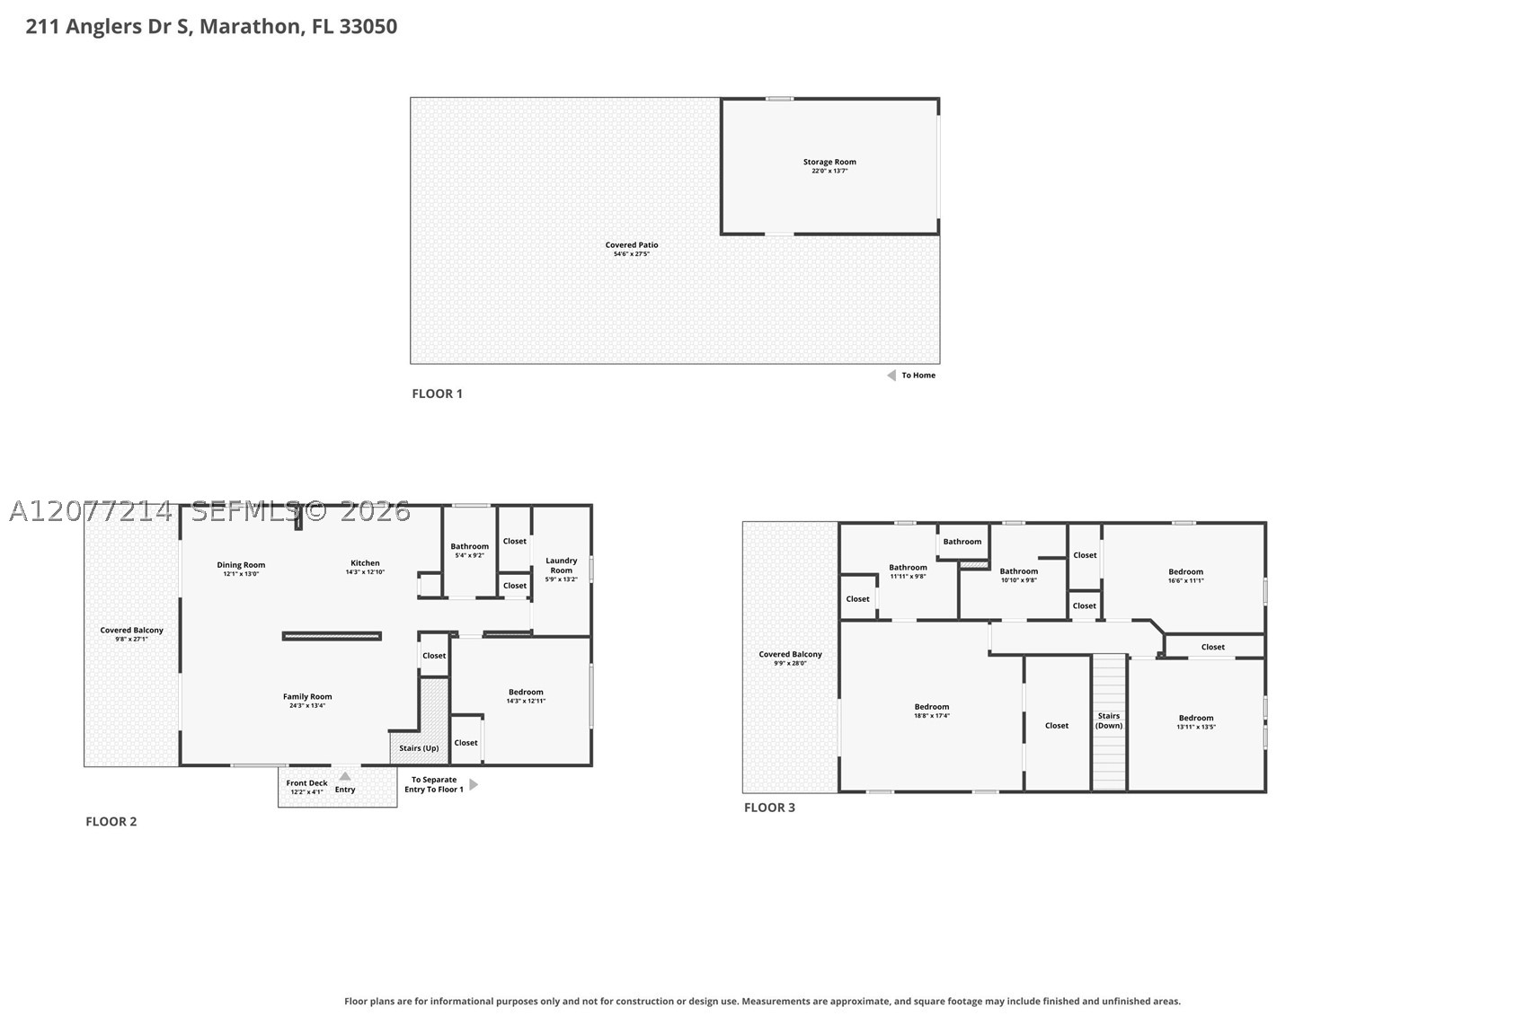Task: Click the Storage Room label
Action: pyautogui.click(x=829, y=162)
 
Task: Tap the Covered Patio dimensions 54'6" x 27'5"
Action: pyautogui.click(x=631, y=254)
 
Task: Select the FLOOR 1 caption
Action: pyautogui.click(x=437, y=393)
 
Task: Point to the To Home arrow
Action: pyautogui.click(x=891, y=375)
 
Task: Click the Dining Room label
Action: pyautogui.click(x=241, y=565)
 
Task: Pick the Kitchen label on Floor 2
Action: pyautogui.click(x=365, y=562)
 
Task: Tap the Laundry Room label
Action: pyautogui.click(x=561, y=566)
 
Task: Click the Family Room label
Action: pyautogui.click(x=307, y=696)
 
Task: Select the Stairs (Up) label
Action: pyautogui.click(x=419, y=748)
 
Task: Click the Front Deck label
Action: pyautogui.click(x=306, y=782)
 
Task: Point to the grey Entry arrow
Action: pyautogui.click(x=345, y=776)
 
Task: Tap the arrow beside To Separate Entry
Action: pyautogui.click(x=474, y=784)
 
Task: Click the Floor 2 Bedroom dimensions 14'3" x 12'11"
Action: pyautogui.click(x=526, y=701)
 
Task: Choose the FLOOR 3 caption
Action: pyautogui.click(x=769, y=808)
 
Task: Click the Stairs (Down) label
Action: pyautogui.click(x=1108, y=720)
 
